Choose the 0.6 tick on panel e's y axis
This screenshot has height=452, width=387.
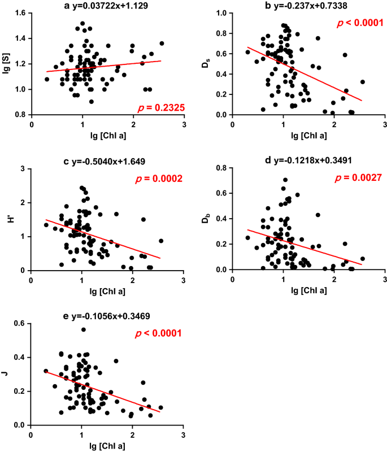point(20,323)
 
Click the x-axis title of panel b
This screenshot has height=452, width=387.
point(309,134)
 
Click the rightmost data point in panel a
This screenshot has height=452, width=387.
point(162,44)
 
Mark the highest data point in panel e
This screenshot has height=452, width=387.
point(84,329)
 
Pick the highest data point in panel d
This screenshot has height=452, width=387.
point(285,180)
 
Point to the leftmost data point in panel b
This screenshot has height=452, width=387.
point(247,52)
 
